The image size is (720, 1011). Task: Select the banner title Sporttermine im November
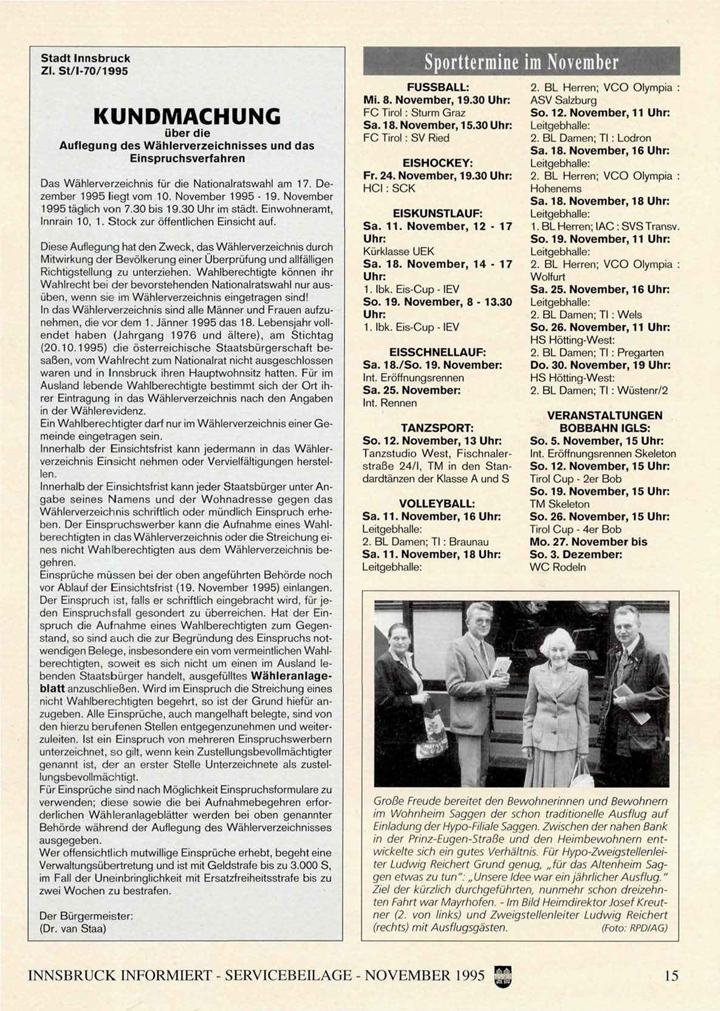(x=521, y=62)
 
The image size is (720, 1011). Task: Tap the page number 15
(x=671, y=976)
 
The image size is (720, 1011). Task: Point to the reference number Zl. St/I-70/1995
(x=84, y=71)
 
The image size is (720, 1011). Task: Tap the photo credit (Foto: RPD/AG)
(x=634, y=928)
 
